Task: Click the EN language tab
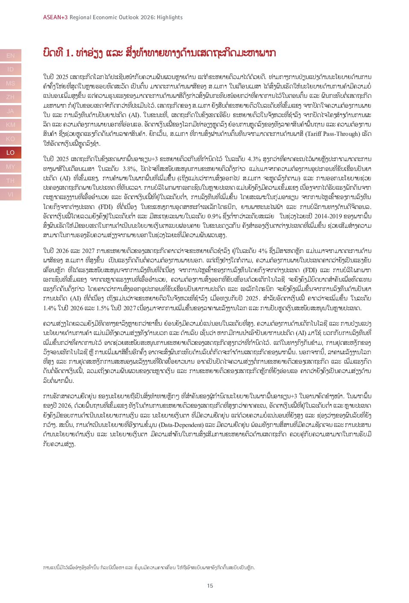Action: pyautogui.click(x=11, y=56)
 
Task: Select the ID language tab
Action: pyautogui.click(x=11, y=69)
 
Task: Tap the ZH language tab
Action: pyautogui.click(x=11, y=97)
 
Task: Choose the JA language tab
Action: pyautogui.click(x=11, y=111)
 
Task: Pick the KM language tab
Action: pyautogui.click(x=11, y=125)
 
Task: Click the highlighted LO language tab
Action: pyautogui.click(x=11, y=153)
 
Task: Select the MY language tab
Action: pyautogui.click(x=11, y=167)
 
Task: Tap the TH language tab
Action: pyautogui.click(x=11, y=181)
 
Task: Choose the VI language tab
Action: pyautogui.click(x=11, y=194)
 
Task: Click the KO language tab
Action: pyautogui.click(x=11, y=139)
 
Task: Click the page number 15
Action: pyautogui.click(x=210, y=585)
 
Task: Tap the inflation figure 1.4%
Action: pyautogui.click(x=50, y=308)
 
